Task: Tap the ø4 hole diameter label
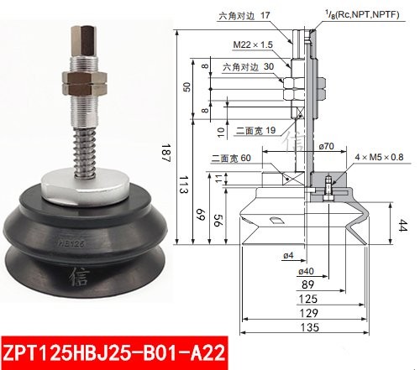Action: (x=263, y=255)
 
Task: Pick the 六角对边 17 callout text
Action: (x=244, y=14)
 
